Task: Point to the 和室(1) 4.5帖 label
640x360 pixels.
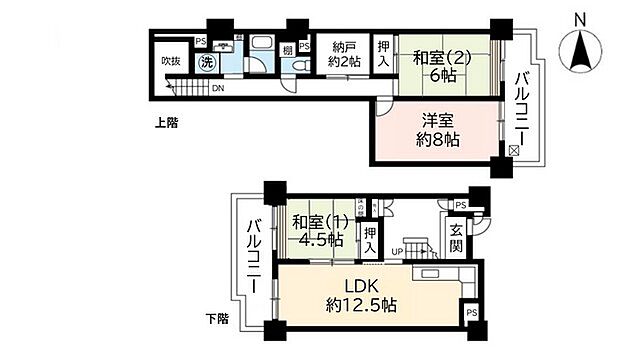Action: pos(317,231)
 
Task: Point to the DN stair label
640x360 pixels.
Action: pos(218,88)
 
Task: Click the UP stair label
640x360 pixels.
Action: pos(396,250)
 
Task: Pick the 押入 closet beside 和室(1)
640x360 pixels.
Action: pos(369,239)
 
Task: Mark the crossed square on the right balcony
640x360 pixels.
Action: pos(514,150)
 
